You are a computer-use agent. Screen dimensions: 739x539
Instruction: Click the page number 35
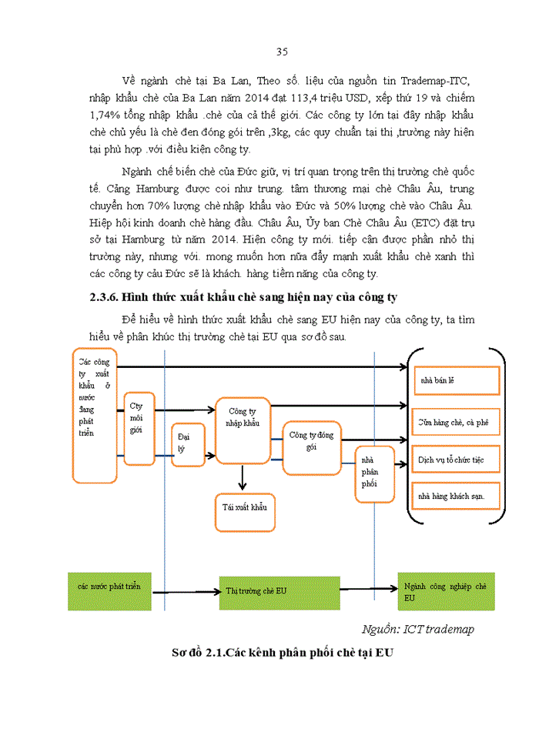point(281,52)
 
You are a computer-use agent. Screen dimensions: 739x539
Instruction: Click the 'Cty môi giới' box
point(139,428)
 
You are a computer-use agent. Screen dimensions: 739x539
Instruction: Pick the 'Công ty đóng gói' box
point(311,443)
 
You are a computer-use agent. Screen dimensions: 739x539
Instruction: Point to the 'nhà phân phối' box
point(373,474)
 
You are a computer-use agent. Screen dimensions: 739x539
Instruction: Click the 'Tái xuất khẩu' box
point(244,510)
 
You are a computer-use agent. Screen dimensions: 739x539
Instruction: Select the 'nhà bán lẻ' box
point(456,380)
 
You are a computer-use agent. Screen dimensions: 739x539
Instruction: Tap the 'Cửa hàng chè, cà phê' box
point(456,422)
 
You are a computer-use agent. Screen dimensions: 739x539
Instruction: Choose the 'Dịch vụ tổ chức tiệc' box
point(456,459)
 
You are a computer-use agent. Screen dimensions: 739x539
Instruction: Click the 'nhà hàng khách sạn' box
point(456,496)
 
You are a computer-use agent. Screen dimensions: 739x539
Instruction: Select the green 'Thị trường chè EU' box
point(279,592)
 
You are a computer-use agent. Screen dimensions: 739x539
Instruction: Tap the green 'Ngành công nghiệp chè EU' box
point(446,591)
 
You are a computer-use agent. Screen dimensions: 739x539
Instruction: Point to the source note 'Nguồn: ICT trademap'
point(417,629)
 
